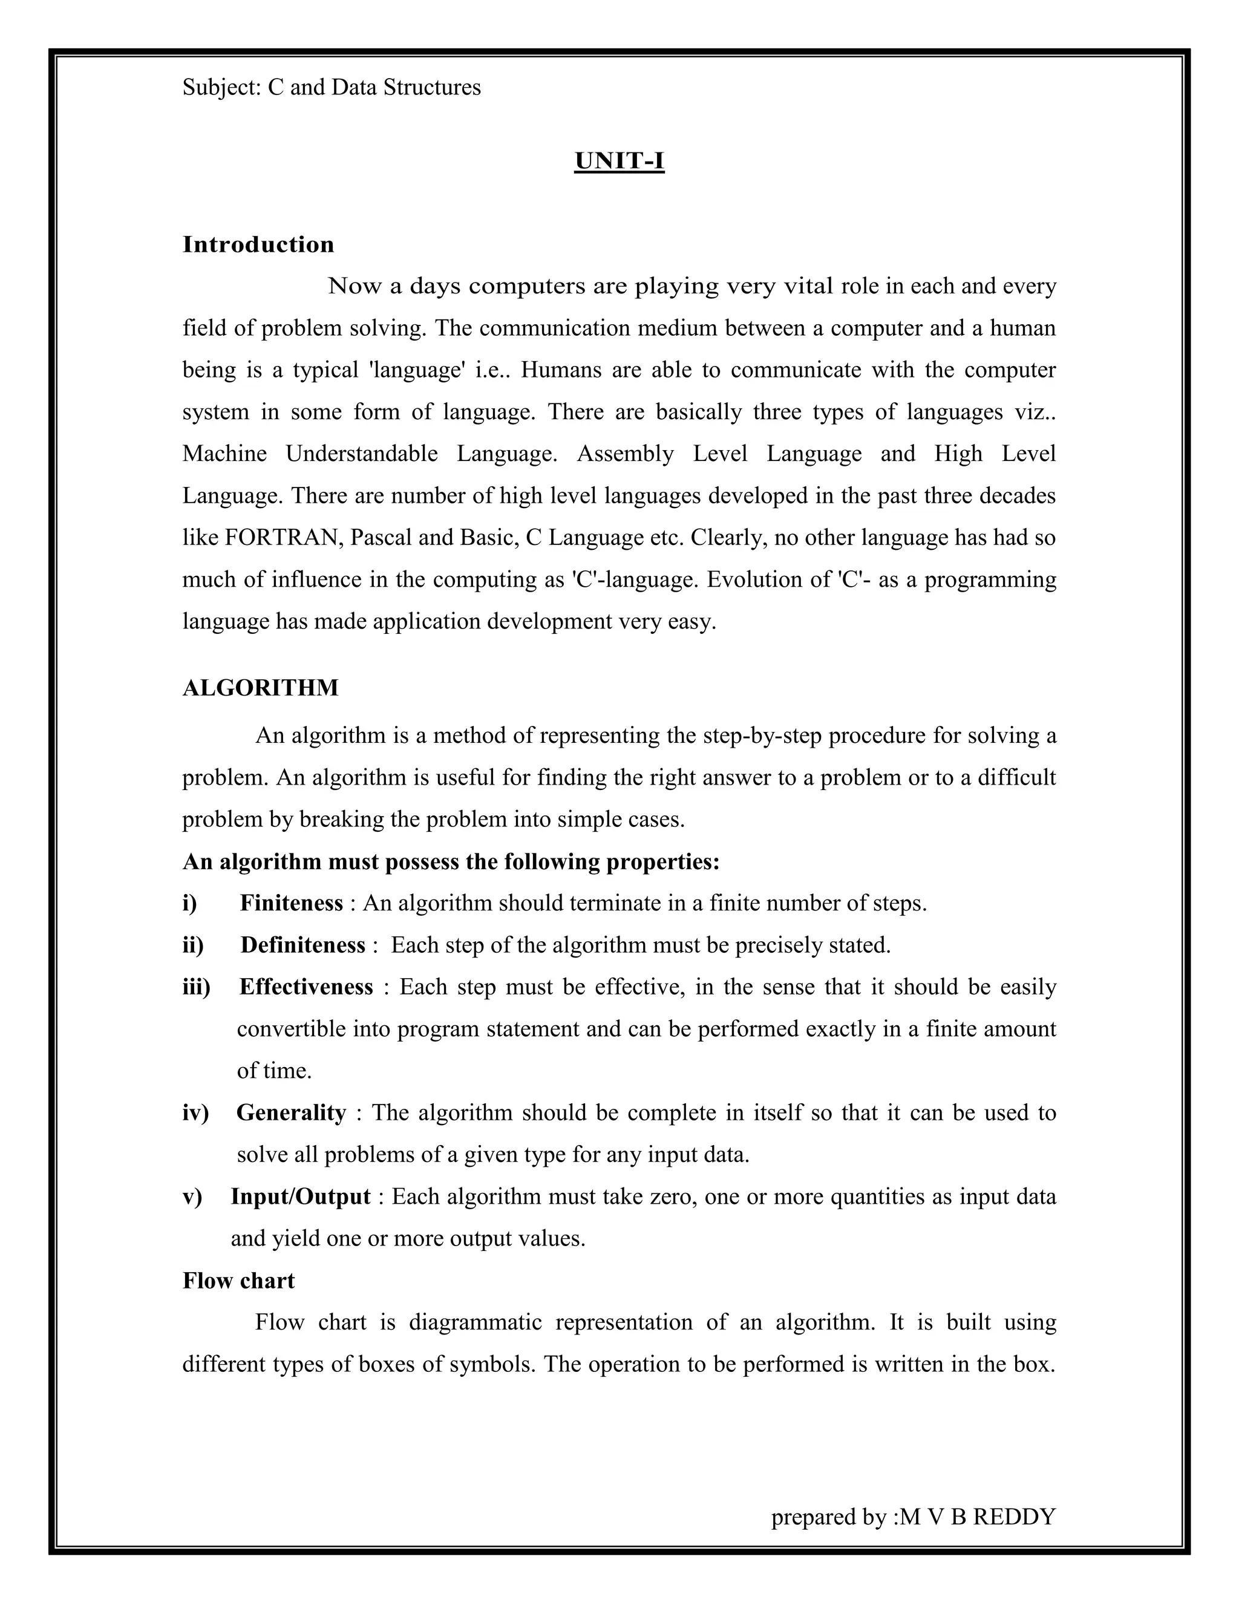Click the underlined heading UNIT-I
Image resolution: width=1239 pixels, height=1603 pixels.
point(619,161)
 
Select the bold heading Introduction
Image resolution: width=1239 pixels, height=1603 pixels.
point(258,244)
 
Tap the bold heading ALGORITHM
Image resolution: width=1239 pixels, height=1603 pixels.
point(261,688)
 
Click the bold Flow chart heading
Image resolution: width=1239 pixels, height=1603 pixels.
point(238,1281)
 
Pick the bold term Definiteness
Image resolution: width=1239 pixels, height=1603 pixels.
point(302,945)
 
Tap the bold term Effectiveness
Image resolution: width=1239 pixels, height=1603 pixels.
point(306,987)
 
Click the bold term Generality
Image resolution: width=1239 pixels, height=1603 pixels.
point(290,1112)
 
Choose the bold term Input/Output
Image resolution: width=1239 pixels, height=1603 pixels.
point(300,1197)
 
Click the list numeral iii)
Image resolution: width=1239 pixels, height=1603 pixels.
point(196,987)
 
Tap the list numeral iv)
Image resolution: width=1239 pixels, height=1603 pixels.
point(195,1112)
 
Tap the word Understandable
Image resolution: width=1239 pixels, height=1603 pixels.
point(361,454)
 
